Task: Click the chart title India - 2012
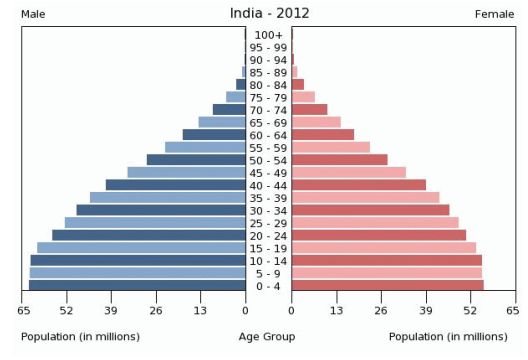[267, 13]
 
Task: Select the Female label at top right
[495, 13]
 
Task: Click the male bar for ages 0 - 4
[137, 286]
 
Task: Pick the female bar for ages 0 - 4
[387, 286]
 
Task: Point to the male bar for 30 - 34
[161, 210]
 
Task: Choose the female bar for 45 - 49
[348, 172]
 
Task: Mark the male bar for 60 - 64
[214, 135]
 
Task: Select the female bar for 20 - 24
[378, 235]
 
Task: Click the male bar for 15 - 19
[141, 248]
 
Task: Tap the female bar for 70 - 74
[309, 110]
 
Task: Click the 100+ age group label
[269, 35]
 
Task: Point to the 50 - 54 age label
[269, 160]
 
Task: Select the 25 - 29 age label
[269, 223]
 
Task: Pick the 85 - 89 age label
[269, 73]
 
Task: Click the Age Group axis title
[267, 336]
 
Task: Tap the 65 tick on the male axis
[23, 312]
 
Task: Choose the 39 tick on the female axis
[425, 312]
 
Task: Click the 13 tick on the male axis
[201, 312]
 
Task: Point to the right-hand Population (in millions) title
[448, 336]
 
